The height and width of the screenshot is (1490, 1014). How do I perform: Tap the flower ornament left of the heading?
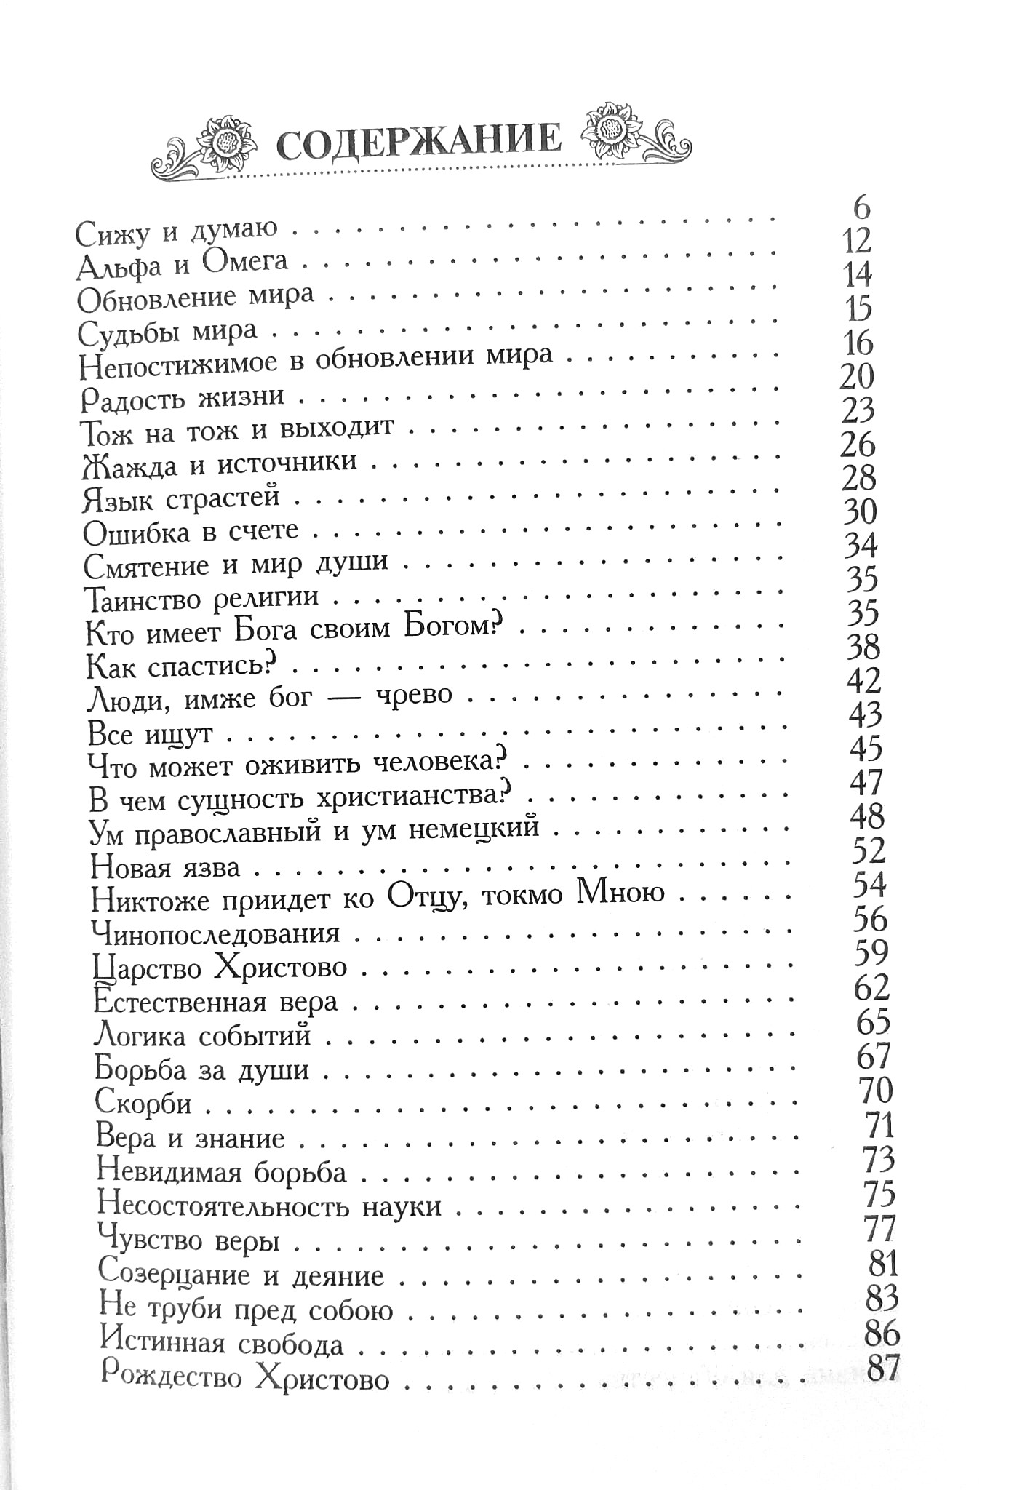point(230,138)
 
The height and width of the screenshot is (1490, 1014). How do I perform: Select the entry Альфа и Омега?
point(183,264)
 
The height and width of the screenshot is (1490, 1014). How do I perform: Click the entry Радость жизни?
point(181,398)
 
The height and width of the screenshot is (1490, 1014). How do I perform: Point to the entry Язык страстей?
point(181,498)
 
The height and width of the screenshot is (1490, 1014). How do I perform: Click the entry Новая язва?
point(165,866)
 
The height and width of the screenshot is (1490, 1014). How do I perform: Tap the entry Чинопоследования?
point(216,933)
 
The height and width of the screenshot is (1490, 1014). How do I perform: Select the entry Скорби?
point(143,1103)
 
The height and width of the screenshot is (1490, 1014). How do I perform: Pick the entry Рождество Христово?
point(245,1377)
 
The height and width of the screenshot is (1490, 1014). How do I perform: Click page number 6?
point(861,208)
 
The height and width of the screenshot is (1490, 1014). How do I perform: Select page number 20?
point(856,377)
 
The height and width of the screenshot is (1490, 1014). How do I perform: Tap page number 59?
point(871,952)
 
